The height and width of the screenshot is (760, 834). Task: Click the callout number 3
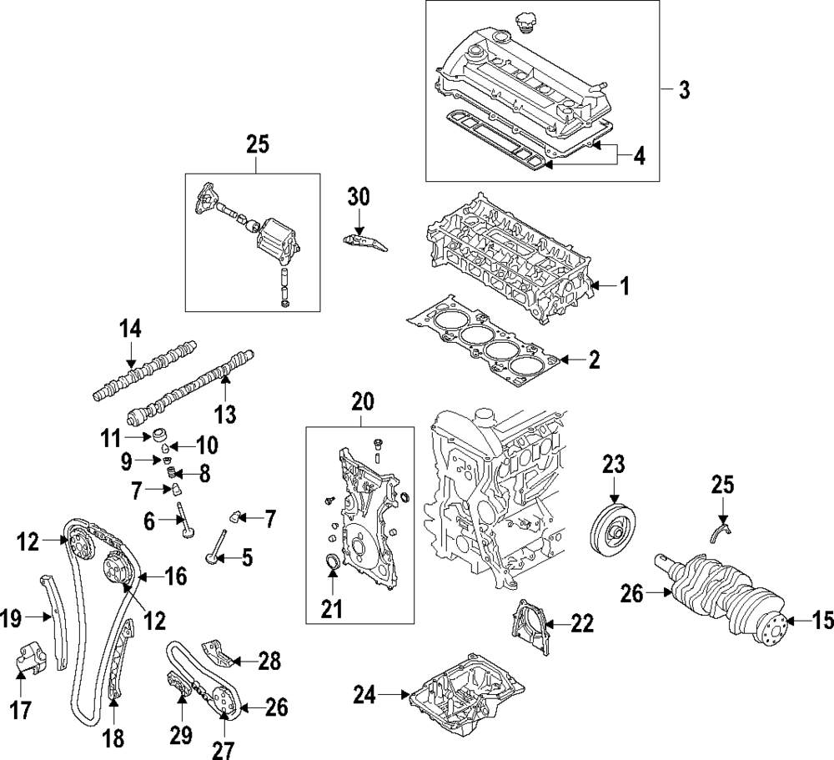pos(684,89)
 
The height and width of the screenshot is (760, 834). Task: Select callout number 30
pos(358,197)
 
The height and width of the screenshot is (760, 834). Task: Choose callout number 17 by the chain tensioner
pos(20,710)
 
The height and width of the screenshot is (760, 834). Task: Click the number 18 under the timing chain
pos(112,737)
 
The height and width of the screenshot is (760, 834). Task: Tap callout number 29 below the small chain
pos(181,735)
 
